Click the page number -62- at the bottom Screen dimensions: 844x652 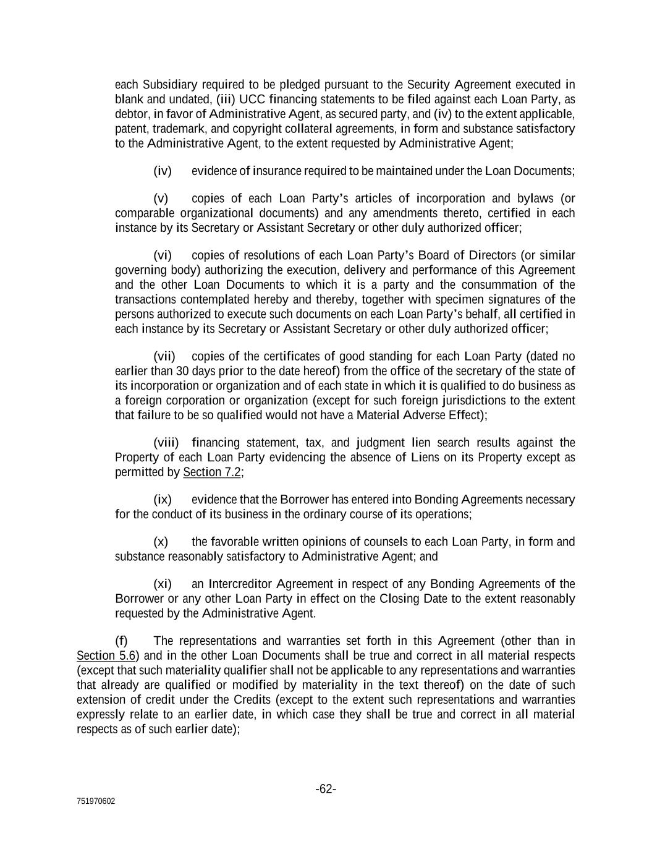(x=326, y=789)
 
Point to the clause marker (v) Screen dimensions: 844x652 (x=161, y=198)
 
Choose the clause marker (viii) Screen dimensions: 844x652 (x=166, y=443)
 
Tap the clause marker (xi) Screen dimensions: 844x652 (x=163, y=584)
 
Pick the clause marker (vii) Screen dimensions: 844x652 (x=164, y=356)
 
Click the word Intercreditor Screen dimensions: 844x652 (x=240, y=584)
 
